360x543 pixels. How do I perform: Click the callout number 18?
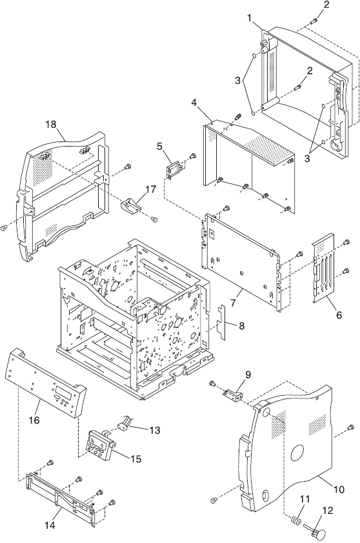point(50,124)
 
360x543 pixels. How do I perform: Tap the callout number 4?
point(194,103)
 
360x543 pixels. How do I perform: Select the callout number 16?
point(34,420)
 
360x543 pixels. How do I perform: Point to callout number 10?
point(339,489)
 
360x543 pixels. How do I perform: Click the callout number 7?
point(233,302)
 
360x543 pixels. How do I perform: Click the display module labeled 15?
point(101,444)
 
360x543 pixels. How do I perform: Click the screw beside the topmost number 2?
point(312,21)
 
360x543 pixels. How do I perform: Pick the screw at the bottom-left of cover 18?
point(4,227)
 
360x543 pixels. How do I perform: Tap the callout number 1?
point(250,18)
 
